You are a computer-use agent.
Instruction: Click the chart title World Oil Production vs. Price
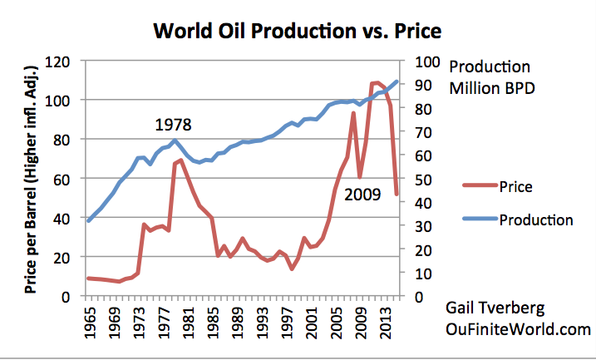[297, 32]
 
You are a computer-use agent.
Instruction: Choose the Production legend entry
[536, 220]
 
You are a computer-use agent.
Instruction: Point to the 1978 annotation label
[173, 126]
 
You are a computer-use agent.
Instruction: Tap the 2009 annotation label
[364, 196]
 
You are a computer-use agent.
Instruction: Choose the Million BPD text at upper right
[490, 86]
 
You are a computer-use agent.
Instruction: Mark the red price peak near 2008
[354, 113]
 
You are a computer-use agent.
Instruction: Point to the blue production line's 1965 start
[88, 220]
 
